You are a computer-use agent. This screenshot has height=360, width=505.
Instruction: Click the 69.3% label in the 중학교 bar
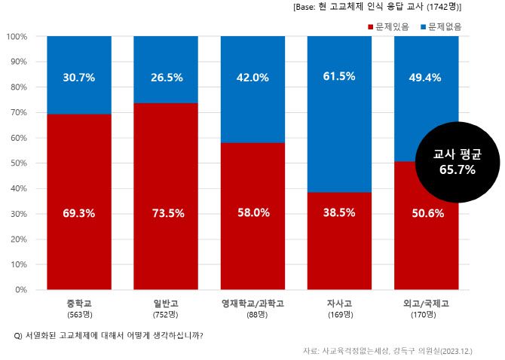[79, 213]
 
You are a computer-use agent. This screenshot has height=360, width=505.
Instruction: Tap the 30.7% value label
[79, 78]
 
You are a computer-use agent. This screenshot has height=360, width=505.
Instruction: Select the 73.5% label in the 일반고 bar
[166, 213]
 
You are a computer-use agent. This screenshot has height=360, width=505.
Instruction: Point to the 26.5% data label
[166, 78]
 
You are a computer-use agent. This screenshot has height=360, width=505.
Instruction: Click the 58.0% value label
[252, 213]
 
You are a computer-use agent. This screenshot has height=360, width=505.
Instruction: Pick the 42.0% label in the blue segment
[252, 78]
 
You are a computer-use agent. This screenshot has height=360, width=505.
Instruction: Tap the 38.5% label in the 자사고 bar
[340, 213]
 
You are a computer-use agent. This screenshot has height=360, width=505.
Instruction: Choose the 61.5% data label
[340, 78]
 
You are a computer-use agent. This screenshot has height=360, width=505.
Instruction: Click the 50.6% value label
[427, 213]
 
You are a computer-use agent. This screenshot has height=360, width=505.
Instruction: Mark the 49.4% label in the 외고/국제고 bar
[427, 78]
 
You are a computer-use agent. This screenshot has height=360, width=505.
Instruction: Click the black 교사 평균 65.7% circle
[457, 162]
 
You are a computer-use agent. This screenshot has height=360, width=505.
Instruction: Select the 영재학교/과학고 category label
[252, 304]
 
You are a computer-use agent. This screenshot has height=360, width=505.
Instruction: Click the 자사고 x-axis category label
[340, 304]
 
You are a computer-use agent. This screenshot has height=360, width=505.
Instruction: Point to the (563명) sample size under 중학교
[79, 314]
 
